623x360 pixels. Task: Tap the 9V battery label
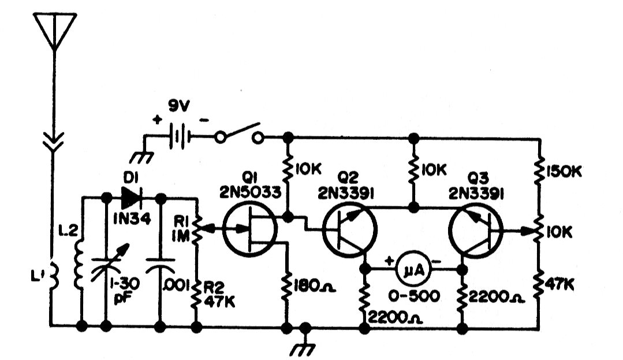[179, 106]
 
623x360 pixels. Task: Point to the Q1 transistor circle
[250, 229]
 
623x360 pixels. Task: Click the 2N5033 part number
[251, 193]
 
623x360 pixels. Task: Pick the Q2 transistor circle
[350, 229]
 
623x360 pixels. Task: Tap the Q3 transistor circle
[476, 229]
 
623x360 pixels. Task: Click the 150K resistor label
[564, 172]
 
